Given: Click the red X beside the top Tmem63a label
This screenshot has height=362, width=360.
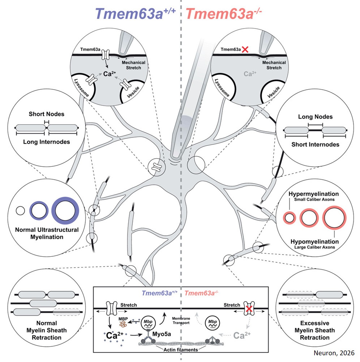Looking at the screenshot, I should tap(245, 49).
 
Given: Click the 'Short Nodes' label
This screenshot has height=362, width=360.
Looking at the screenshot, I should tap(46, 114).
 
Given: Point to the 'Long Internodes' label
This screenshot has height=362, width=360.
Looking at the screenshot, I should tap(46, 142).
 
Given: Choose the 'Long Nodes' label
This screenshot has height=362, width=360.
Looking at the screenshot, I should tap(315, 117).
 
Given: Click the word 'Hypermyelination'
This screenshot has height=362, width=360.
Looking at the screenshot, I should tap(314, 194).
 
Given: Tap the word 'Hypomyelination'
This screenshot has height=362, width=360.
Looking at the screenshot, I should tap(314, 242).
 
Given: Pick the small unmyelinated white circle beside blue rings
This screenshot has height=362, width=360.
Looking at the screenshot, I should tap(20, 211).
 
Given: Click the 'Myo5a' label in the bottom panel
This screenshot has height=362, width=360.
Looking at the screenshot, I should tap(162, 334).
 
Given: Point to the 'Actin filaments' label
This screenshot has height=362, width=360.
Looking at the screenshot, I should tap(181, 350).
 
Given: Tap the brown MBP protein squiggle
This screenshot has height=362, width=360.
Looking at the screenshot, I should tap(123, 324).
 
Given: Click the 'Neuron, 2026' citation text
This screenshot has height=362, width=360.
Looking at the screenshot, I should tap(334, 353).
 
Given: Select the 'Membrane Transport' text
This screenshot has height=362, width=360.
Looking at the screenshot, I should tap(181, 321).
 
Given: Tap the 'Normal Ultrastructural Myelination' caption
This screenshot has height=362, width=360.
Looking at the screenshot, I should tap(47, 233).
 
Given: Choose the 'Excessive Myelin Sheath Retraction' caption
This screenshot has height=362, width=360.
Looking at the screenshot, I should tap(315, 330).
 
